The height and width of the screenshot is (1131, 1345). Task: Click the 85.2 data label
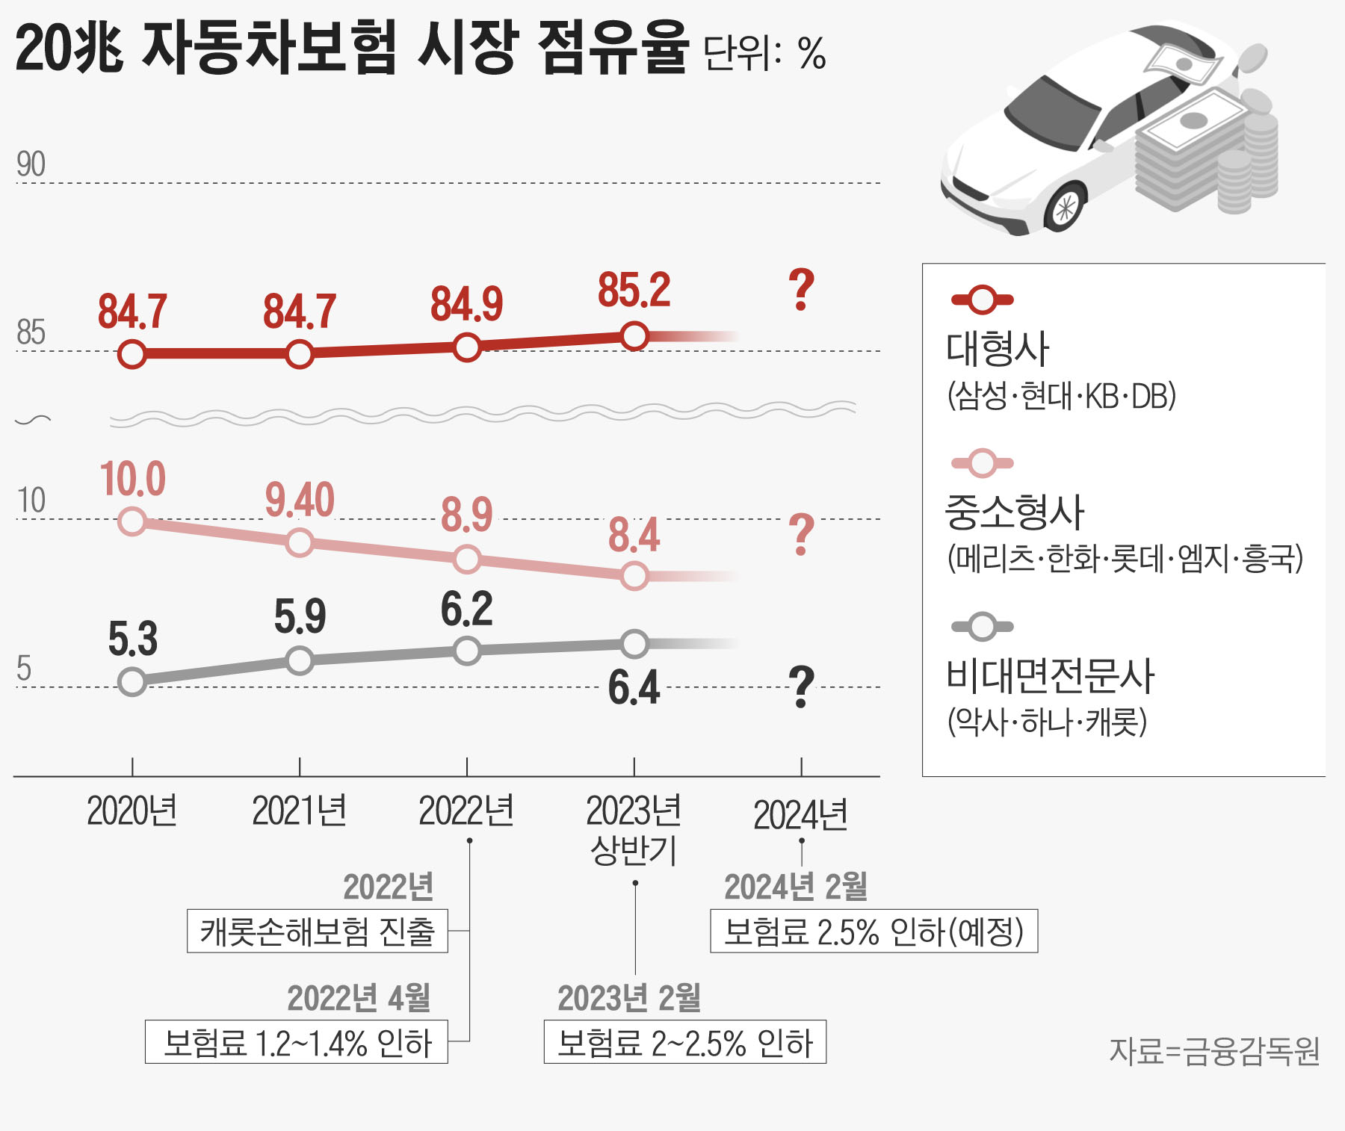click(x=634, y=291)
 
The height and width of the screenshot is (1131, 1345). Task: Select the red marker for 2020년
click(x=132, y=354)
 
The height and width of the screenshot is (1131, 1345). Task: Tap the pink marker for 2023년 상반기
click(x=634, y=576)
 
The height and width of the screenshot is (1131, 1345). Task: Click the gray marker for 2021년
click(x=300, y=660)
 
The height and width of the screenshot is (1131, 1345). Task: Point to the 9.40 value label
click(x=300, y=500)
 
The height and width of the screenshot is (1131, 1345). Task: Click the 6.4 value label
click(x=634, y=687)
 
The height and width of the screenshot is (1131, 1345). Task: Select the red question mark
click(x=801, y=291)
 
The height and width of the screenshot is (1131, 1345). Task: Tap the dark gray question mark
click(x=801, y=687)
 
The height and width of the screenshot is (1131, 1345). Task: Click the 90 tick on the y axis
click(x=31, y=164)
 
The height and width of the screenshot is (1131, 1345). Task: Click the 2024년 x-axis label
click(x=800, y=815)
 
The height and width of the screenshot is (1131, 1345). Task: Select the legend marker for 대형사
click(x=983, y=300)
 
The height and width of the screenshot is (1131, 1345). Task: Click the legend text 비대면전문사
click(x=1050, y=675)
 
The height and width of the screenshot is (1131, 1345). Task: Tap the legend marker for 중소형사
click(x=983, y=463)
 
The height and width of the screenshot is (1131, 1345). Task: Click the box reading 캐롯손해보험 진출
click(x=317, y=931)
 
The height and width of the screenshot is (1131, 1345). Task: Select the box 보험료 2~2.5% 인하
click(x=684, y=1042)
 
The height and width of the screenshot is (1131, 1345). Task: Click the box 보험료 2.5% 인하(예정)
click(x=874, y=931)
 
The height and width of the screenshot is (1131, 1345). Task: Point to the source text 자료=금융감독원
click(x=1214, y=1051)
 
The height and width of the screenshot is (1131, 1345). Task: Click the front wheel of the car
click(x=1064, y=208)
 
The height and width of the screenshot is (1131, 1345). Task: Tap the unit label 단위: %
click(x=765, y=54)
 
